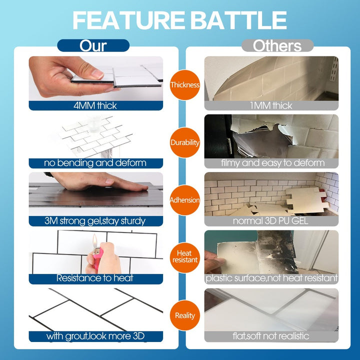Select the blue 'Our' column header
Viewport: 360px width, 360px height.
pos(93,45)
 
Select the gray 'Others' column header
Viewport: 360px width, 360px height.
pos(277,45)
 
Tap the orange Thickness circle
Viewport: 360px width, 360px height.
pos(185,84)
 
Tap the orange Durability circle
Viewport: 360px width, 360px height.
pos(185,142)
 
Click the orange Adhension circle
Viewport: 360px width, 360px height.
pos(185,200)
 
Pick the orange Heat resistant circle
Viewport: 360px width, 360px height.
pos(185,257)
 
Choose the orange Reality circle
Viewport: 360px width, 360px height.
pos(185,315)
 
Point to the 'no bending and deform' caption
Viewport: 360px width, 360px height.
pos(95,163)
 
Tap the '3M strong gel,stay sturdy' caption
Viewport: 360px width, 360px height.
pos(95,221)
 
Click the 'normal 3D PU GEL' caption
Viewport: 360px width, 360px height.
pos(270,221)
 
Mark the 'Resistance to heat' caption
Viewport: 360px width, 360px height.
pos(95,278)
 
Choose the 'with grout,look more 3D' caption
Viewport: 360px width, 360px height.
pos(95,336)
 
